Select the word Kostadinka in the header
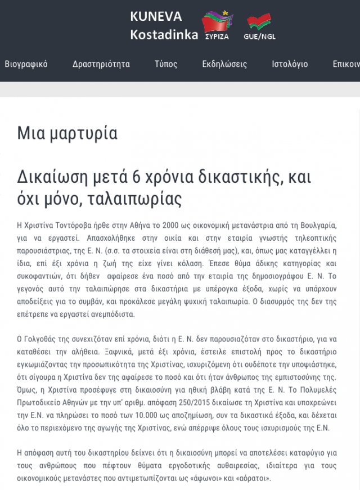164,34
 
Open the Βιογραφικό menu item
26,64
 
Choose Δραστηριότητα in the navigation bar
101,64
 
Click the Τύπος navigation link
166,64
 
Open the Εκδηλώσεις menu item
224,64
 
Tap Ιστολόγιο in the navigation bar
290,64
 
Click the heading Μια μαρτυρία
67,133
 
